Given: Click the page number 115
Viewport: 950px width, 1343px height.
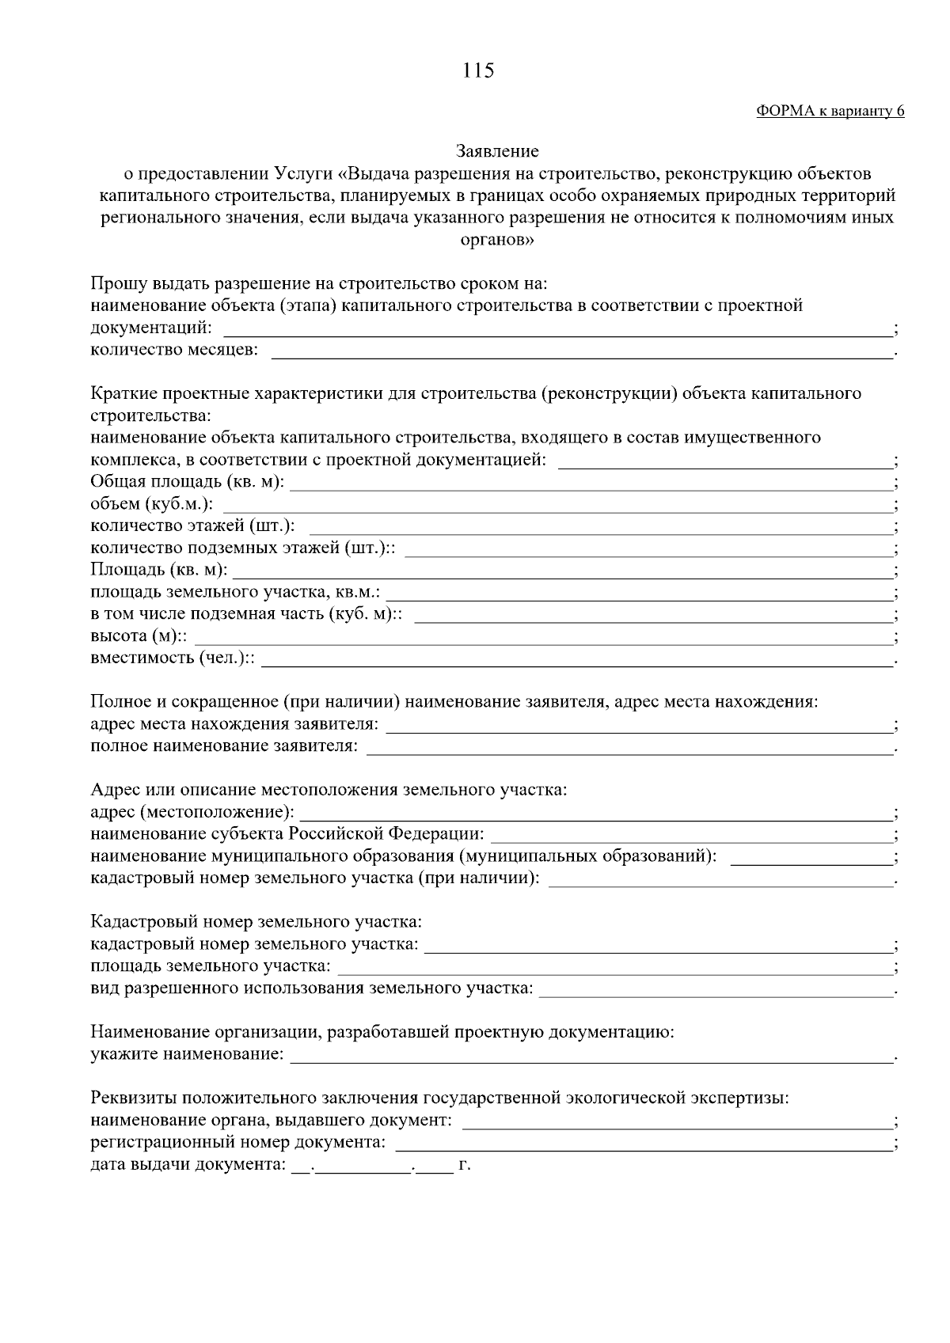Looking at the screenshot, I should [478, 70].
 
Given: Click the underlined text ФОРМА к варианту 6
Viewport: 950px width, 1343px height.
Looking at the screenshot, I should [830, 112].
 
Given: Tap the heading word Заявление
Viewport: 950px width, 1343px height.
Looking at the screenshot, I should [497, 150].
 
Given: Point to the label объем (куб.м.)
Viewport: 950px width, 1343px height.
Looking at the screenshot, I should [151, 504].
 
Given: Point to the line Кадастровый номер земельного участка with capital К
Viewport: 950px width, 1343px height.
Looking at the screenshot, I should [256, 922].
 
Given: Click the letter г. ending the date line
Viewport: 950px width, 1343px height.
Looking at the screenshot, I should [465, 1166].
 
